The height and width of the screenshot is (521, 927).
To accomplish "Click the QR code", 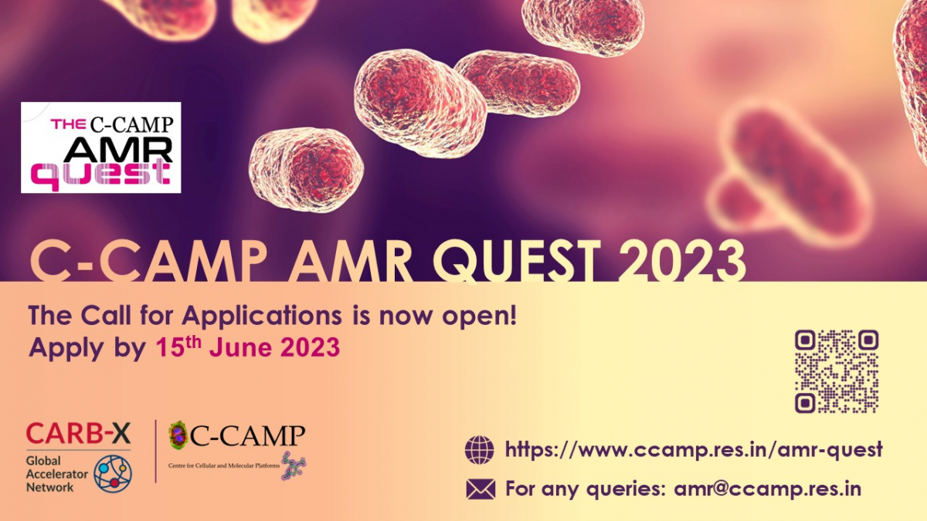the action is click(837, 371).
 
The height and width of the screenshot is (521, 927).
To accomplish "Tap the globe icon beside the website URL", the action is click(480, 450).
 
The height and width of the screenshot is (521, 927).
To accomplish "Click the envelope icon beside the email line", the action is click(480, 489).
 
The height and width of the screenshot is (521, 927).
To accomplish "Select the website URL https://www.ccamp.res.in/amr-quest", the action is click(694, 450).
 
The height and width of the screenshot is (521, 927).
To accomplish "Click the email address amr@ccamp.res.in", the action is click(768, 489).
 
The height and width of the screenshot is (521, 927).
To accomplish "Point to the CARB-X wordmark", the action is click(78, 433).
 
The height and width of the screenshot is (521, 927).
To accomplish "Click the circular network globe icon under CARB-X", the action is click(113, 473).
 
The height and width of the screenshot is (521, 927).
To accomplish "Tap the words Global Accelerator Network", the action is click(56, 474).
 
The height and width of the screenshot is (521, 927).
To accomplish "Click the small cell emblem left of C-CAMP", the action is click(179, 435).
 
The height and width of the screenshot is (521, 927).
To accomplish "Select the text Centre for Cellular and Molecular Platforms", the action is click(224, 465).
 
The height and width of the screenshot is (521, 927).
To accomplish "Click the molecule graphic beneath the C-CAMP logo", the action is click(294, 466).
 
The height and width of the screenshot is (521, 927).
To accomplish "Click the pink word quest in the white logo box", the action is click(100, 175).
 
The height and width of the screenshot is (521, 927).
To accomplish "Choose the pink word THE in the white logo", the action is click(68, 123).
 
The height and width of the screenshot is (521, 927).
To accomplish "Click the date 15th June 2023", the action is click(247, 347).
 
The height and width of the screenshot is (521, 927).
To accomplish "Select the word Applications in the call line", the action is click(262, 317).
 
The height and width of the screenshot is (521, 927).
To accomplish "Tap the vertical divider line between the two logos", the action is click(155, 451).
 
